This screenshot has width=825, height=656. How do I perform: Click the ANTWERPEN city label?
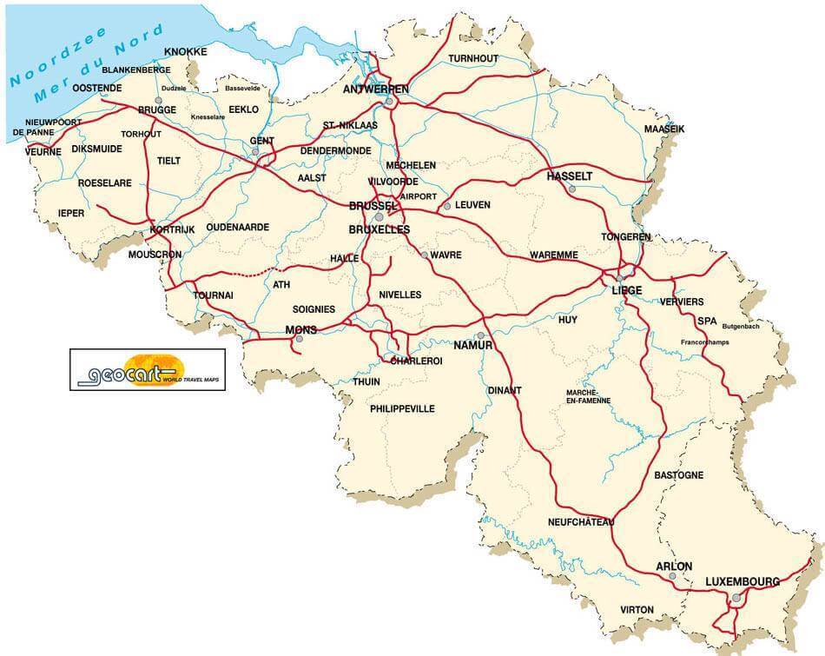(376, 89)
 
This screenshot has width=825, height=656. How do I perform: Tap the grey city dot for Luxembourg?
(736, 597)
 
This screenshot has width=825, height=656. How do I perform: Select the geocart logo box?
(148, 369)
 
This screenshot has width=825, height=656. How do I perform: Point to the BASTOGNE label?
(677, 475)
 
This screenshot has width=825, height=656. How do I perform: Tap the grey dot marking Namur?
(479, 335)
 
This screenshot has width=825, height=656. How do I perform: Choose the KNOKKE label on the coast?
(185, 52)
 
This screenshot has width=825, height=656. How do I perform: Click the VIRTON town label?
(637, 610)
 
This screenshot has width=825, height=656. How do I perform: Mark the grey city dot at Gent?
(255, 152)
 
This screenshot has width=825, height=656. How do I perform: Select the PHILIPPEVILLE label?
(402, 408)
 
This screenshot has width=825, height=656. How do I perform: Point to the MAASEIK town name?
(664, 129)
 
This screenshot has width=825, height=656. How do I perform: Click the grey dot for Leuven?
(446, 206)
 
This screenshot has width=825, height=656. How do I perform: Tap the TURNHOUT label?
(473, 59)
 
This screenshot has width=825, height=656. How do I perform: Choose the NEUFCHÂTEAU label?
(581, 522)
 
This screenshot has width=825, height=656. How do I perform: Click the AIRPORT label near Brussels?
(419, 196)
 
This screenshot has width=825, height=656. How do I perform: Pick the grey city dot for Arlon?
(672, 576)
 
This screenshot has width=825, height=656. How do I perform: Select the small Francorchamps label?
(704, 342)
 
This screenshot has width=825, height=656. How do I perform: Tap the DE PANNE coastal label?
(29, 132)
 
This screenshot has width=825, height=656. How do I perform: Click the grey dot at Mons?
(299, 339)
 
